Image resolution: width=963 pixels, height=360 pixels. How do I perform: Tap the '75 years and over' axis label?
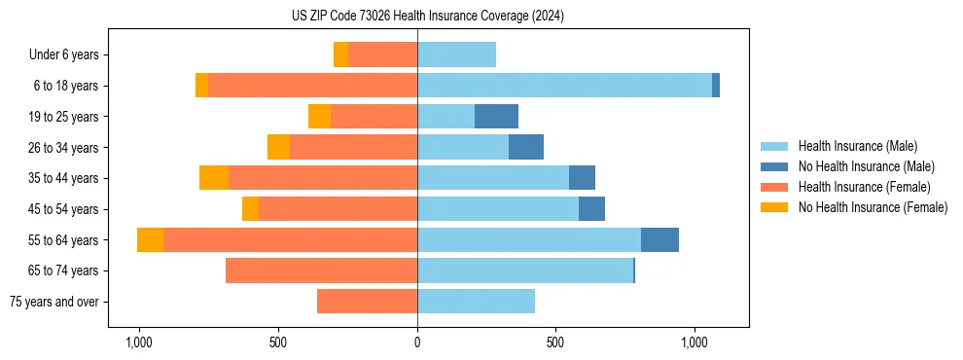tap(53, 302)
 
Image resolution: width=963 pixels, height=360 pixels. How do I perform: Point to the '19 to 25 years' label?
tap(63, 117)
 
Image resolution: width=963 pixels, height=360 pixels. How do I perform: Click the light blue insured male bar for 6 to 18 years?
tap(564, 86)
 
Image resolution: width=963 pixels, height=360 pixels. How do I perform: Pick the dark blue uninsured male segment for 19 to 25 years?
tap(496, 117)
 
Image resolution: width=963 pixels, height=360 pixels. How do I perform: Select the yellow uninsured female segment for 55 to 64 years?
tap(150, 239)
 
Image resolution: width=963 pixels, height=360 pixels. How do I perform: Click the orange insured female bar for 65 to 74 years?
tap(321, 270)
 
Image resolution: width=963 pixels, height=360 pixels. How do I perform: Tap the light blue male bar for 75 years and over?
tap(476, 302)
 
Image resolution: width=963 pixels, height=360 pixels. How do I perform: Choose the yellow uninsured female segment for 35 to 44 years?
tap(214, 178)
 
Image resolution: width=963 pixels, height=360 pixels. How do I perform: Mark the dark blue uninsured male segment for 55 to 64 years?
tap(660, 239)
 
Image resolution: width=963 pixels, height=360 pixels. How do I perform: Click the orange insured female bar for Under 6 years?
tap(382, 54)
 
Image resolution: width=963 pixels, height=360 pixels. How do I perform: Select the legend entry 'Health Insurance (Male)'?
tap(856, 146)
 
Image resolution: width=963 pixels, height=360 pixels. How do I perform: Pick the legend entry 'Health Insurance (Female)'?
tap(864, 187)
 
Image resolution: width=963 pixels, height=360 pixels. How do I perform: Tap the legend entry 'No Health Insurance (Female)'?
tap(873, 207)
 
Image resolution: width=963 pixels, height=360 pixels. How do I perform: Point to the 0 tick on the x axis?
tap(417, 342)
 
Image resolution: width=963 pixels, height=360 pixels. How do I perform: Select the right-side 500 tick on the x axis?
tap(555, 342)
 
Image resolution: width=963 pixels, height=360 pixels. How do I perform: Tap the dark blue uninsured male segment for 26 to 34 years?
tap(526, 147)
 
